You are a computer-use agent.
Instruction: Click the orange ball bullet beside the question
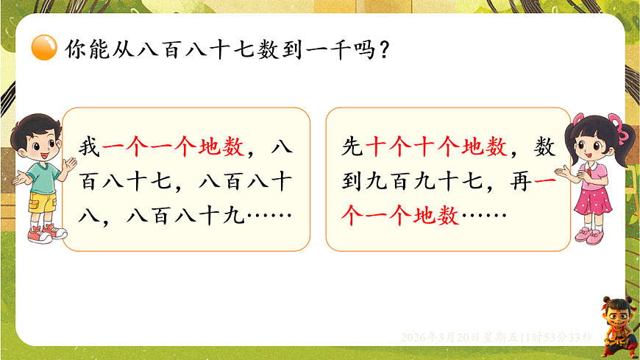coord(45,49)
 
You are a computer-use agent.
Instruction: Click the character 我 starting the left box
coord(89,148)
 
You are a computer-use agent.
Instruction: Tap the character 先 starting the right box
coord(352,148)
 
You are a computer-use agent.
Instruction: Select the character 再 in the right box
coord(520,182)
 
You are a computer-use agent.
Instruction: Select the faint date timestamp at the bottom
coord(497,337)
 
